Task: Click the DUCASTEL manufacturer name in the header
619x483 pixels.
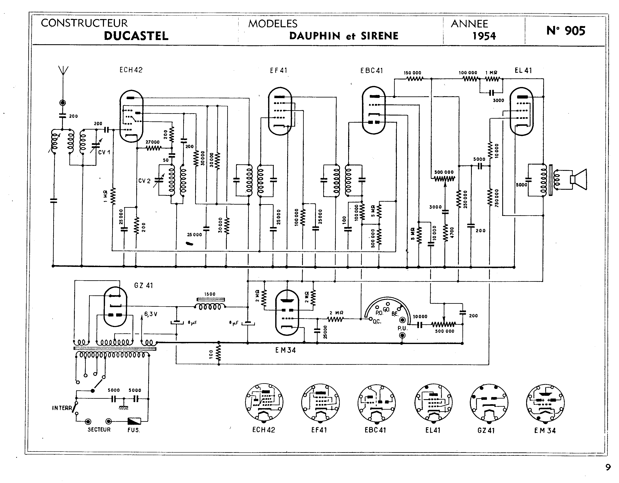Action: pyautogui.click(x=136, y=36)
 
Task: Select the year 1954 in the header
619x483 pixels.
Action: pyautogui.click(x=484, y=36)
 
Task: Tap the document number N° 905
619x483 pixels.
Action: pyautogui.click(x=566, y=31)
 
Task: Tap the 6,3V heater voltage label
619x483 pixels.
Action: pyautogui.click(x=151, y=314)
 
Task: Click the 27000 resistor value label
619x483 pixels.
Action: pyautogui.click(x=152, y=142)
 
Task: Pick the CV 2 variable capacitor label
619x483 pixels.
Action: pyautogui.click(x=144, y=181)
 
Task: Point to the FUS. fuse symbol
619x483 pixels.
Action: pyautogui.click(x=134, y=421)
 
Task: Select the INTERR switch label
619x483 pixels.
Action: pyautogui.click(x=62, y=408)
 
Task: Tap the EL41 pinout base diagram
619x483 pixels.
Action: pyautogui.click(x=433, y=402)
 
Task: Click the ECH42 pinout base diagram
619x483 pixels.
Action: pyautogui.click(x=264, y=402)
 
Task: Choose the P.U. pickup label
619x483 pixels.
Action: pyautogui.click(x=402, y=328)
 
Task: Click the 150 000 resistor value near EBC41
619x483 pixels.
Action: pyautogui.click(x=412, y=73)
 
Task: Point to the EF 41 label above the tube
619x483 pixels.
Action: pyautogui.click(x=279, y=70)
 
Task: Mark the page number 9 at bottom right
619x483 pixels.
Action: pyautogui.click(x=608, y=467)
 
